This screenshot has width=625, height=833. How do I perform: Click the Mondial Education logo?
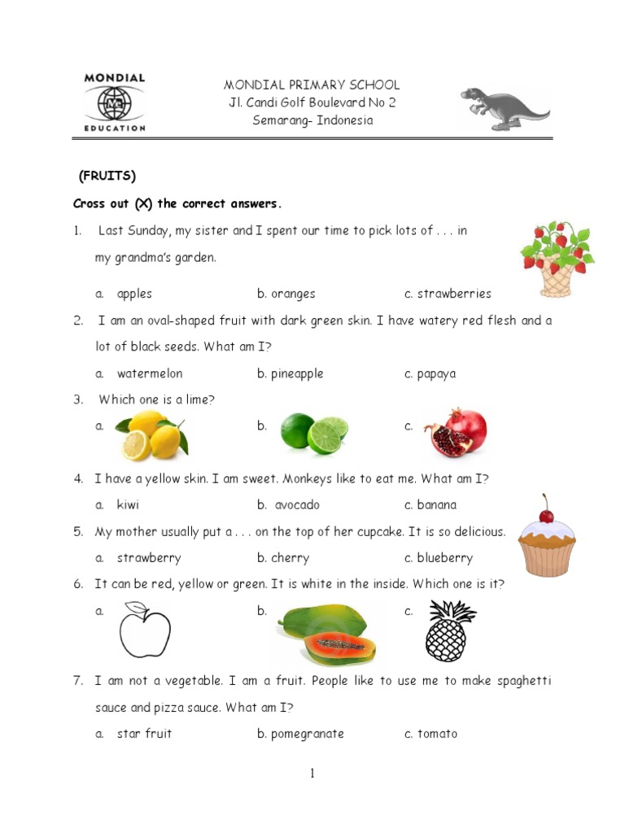tap(115, 102)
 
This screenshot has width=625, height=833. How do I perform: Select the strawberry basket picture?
tap(557, 259)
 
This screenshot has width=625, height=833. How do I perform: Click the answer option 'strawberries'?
tap(454, 294)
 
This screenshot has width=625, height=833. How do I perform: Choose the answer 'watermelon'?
tap(150, 373)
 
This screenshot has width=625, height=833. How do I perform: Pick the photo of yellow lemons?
tap(152, 434)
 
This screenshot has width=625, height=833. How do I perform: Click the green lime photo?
tap(314, 433)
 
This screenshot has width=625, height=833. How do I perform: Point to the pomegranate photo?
tap(455, 433)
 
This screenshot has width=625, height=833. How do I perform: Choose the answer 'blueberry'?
tap(445, 558)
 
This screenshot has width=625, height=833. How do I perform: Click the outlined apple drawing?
tap(146, 631)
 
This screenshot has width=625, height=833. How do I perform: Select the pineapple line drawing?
tap(450, 631)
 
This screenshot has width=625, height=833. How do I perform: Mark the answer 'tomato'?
tap(438, 734)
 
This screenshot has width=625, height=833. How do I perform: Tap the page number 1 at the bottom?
tap(312, 774)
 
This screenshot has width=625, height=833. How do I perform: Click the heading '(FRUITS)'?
tap(107, 177)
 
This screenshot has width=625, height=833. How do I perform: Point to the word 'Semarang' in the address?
tap(282, 120)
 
